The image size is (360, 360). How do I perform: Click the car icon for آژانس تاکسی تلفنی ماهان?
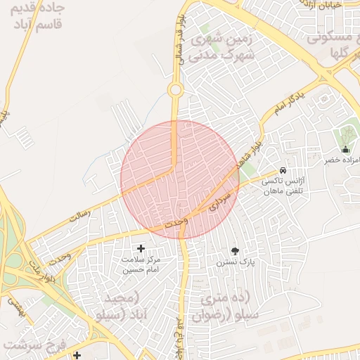[282, 170]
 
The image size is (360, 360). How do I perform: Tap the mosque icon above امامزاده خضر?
[345, 149]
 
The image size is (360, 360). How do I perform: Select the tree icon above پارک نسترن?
[235, 250]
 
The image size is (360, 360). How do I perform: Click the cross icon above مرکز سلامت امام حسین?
[141, 248]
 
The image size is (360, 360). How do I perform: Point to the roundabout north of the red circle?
[175, 89]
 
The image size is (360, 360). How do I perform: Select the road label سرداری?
[219, 198]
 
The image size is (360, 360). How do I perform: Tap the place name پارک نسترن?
[234, 262]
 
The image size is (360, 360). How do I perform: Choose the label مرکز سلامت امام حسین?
[141, 264]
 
